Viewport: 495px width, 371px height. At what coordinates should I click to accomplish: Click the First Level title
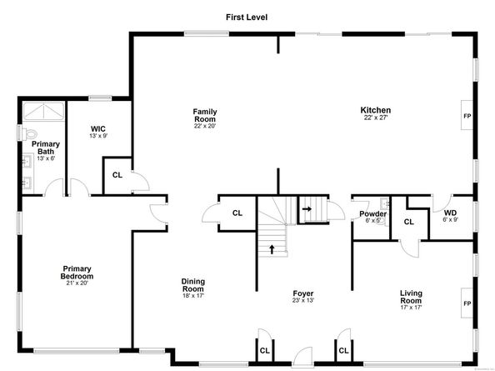click(247, 17)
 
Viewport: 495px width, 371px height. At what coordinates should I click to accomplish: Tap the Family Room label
click(205, 115)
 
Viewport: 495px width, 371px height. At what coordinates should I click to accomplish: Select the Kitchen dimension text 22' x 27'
click(375, 118)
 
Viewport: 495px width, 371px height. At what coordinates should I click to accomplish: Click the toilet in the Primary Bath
click(30, 133)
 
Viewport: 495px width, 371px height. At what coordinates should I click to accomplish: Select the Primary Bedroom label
click(77, 273)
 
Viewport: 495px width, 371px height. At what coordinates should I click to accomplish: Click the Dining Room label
click(193, 285)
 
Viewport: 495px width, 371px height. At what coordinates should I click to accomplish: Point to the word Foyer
click(302, 293)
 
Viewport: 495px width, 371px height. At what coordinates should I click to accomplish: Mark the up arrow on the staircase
click(271, 248)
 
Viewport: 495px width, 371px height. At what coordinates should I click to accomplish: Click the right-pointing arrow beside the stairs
click(307, 208)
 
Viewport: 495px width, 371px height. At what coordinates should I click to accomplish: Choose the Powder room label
click(372, 213)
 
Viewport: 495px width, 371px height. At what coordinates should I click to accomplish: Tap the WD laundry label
click(450, 213)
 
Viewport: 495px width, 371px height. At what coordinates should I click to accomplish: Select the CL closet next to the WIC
click(117, 175)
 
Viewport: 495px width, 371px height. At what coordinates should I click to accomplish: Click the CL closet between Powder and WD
click(408, 222)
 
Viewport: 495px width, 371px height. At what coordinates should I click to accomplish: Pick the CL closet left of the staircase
click(237, 213)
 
